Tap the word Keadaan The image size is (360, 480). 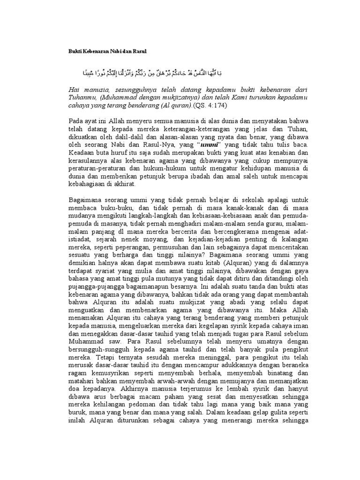[x=83, y=153]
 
